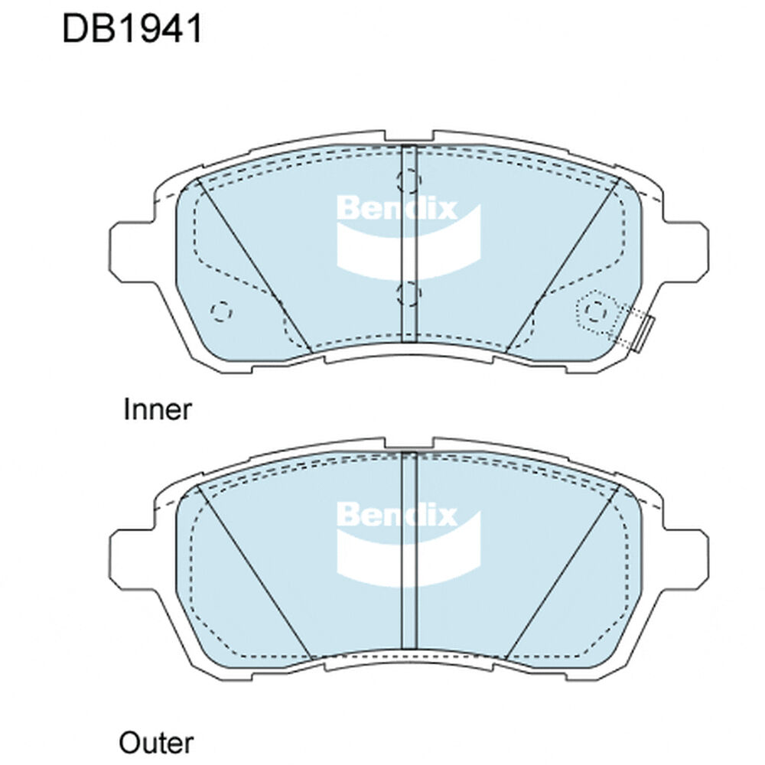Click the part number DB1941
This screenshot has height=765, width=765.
tap(132, 29)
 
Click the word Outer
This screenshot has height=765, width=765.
tap(156, 743)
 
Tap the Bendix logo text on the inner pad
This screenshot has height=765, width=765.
tap(396, 209)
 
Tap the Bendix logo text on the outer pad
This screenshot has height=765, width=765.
tap(396, 515)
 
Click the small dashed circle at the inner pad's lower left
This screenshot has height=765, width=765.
tap(221, 311)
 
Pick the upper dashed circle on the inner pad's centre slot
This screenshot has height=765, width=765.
tap(409, 180)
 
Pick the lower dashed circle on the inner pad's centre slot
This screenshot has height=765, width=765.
tap(409, 295)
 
